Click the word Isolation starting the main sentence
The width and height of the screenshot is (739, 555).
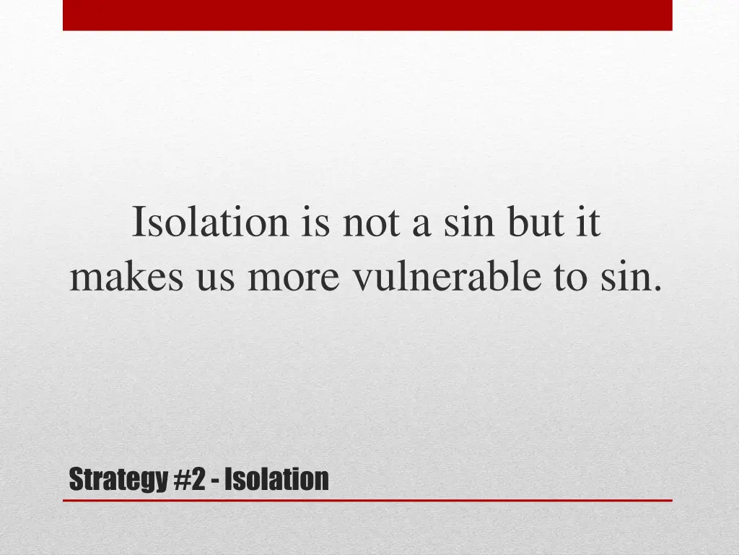(210, 223)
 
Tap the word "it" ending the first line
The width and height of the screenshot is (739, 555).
(587, 223)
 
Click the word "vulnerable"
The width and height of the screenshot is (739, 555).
(447, 277)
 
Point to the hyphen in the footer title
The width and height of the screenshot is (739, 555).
(217, 481)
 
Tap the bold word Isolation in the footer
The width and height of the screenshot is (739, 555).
(276, 478)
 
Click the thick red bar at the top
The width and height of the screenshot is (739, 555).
(367, 15)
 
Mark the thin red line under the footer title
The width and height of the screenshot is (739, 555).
(367, 500)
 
